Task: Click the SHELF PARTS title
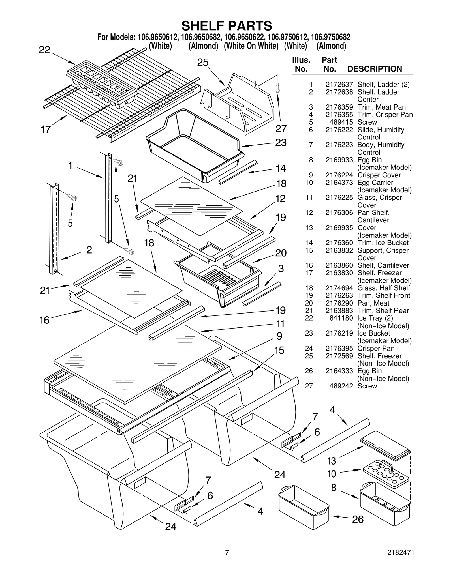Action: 226,26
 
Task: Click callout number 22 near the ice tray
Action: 44,50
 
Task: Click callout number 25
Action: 203,63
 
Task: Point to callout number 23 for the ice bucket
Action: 281,143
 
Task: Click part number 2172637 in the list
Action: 339,84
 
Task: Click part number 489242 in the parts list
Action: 341,386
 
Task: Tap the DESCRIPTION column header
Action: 374,69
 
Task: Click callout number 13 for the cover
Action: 332,461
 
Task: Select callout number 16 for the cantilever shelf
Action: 44,320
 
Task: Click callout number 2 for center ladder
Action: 89,250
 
